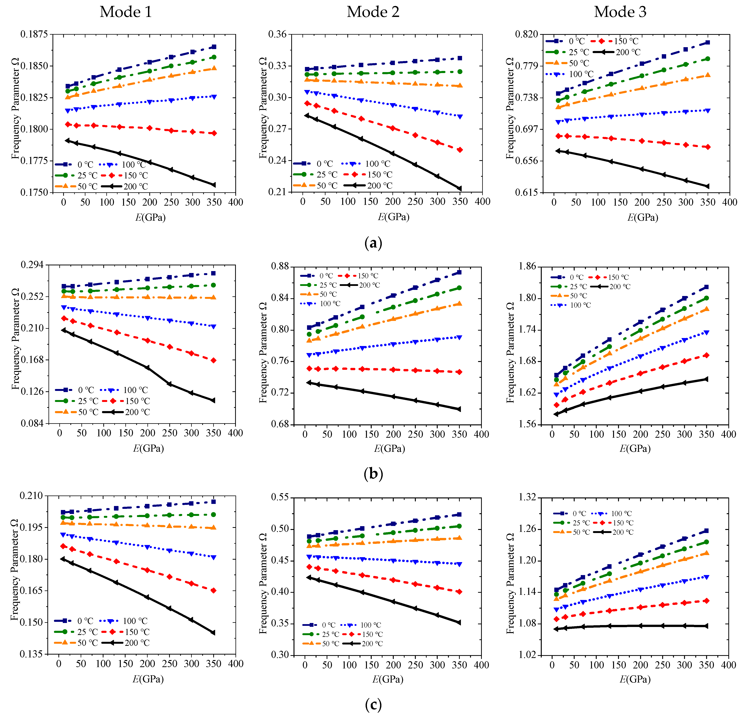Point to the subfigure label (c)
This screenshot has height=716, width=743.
click(x=373, y=705)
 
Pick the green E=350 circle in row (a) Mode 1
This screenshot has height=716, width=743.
click(x=214, y=57)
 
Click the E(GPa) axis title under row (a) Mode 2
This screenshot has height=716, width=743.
click(x=394, y=217)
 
